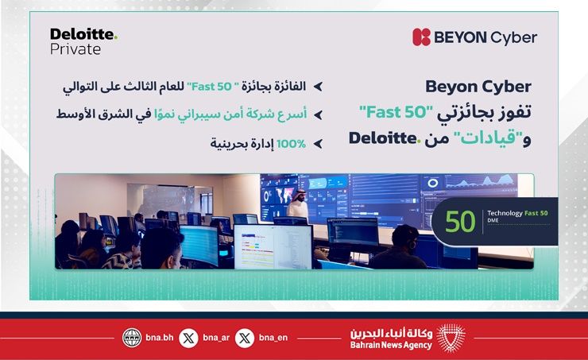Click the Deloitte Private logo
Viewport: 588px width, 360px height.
coord(83,41)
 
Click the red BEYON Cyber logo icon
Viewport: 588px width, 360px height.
coord(421,37)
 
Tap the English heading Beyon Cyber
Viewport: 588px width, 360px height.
coord(478,87)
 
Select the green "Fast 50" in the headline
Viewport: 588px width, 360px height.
coord(396,112)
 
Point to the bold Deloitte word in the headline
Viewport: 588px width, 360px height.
coord(383,138)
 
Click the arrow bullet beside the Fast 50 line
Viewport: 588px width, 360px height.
coord(318,87)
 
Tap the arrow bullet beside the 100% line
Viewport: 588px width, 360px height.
coord(318,144)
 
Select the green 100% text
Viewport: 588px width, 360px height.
coord(292,144)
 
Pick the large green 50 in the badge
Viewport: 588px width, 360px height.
coord(460,221)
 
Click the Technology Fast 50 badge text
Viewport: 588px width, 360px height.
coord(517,213)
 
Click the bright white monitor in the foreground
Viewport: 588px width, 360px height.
coord(273,246)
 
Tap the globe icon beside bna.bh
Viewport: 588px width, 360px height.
coord(132,338)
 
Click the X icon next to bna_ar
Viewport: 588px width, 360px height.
coord(188,338)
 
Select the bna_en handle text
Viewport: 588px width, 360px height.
coord(273,338)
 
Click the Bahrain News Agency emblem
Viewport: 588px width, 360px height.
coord(451,338)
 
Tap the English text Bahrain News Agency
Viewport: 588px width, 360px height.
coord(391,345)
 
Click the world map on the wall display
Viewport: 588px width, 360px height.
coord(284,194)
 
